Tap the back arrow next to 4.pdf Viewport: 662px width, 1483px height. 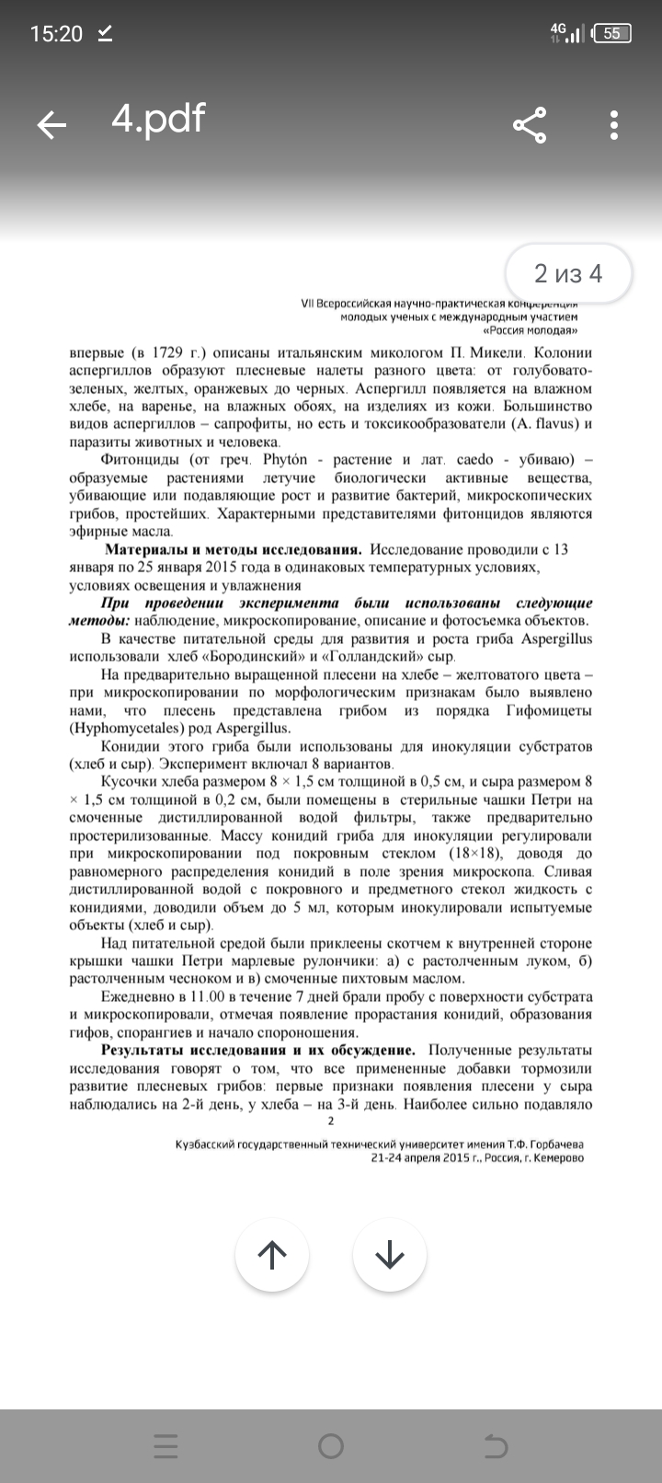coord(51,125)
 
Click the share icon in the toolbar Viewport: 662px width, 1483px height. coord(529,125)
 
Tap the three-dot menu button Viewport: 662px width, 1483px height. coord(614,125)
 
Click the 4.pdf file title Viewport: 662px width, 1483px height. coord(158,119)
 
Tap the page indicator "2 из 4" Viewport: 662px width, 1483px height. coord(568,273)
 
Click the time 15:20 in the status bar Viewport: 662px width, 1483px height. coord(56,34)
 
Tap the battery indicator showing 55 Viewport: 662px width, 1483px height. coord(611,34)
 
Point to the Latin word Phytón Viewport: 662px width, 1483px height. coord(285,460)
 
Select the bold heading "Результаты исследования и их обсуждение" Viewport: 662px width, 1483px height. coord(257,1051)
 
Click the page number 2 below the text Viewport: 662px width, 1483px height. coord(331,1121)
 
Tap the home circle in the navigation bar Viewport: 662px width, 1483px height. coord(331,1446)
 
